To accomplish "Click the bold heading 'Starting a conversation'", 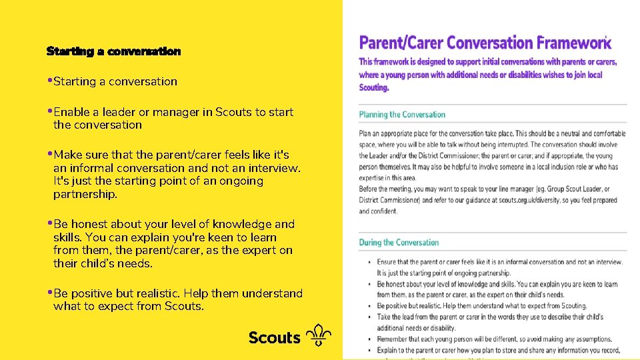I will click(113, 51).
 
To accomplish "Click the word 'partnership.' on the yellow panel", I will click(85, 195).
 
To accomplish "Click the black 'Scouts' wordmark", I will click(274, 337).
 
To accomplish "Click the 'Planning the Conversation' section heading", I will click(402, 115).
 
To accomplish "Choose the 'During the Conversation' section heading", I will click(399, 243).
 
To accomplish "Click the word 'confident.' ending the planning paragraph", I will click(379, 211).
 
